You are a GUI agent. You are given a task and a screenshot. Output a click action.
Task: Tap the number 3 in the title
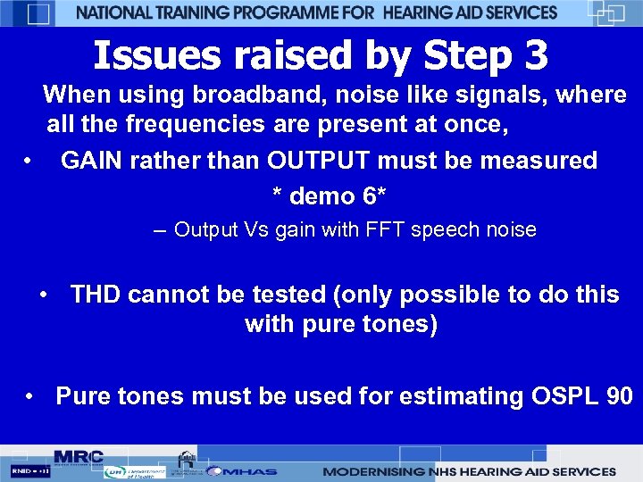[x=536, y=55]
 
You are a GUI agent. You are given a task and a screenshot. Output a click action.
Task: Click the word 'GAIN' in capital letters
[x=94, y=161]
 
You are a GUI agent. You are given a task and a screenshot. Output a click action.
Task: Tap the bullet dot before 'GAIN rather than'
[x=29, y=162]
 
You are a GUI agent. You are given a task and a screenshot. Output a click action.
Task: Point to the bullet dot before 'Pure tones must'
[x=31, y=396]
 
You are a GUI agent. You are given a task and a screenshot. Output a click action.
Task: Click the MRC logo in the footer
[x=79, y=456]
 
